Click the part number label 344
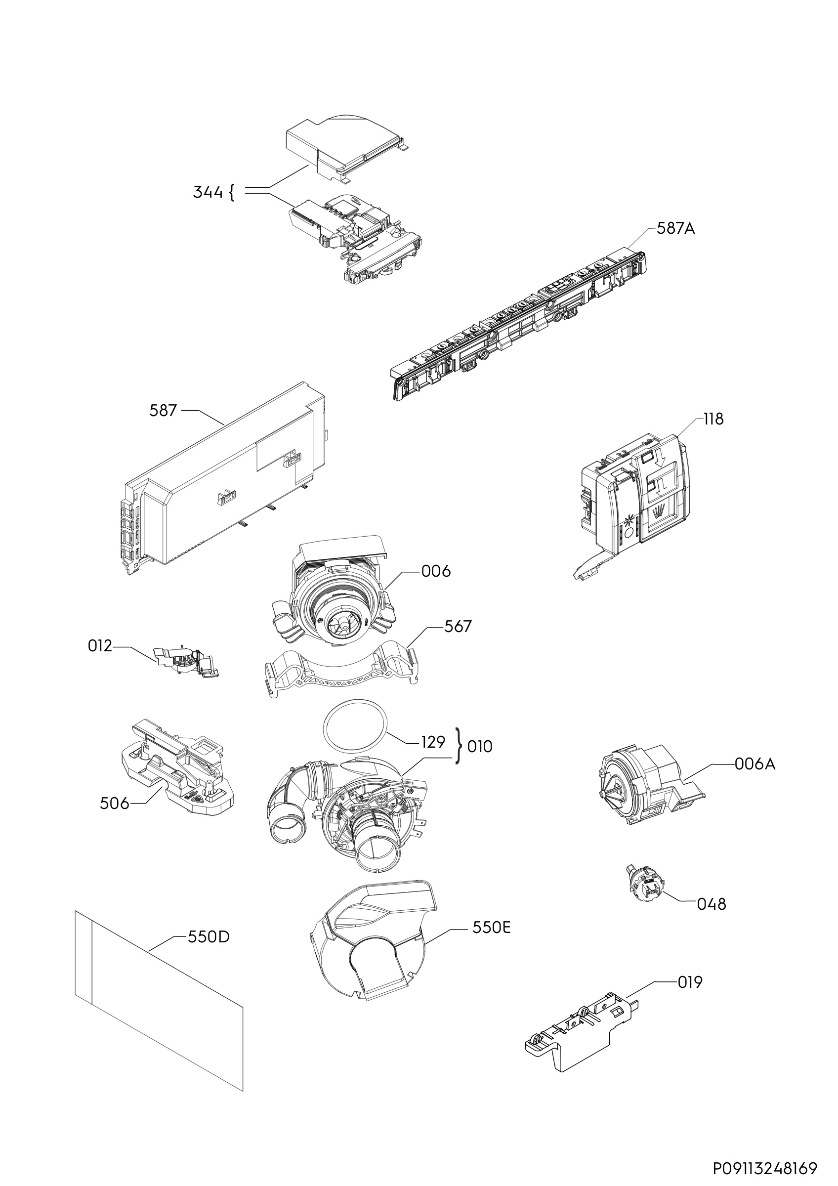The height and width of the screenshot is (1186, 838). coord(208,193)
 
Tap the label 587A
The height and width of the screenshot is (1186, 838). coord(675,228)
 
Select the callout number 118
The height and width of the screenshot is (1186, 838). coord(713,419)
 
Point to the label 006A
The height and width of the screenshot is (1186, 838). coord(755,763)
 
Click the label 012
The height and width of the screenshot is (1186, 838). coord(100,646)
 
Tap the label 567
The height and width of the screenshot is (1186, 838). coord(458,626)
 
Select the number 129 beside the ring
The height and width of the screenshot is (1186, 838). coord(433,742)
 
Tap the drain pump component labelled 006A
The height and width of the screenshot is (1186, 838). coord(645,783)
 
